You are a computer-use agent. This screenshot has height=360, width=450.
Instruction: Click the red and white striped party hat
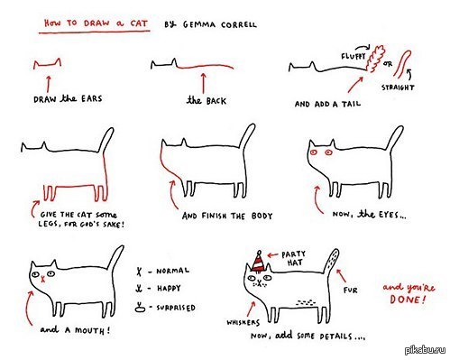[259, 263]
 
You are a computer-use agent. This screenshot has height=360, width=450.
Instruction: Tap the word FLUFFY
[354, 56]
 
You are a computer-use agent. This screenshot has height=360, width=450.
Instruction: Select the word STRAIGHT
[398, 88]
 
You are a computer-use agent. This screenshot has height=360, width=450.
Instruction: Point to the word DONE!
[408, 300]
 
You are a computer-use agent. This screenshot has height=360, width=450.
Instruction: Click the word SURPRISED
[176, 308]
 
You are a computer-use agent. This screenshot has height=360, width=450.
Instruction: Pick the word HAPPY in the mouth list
[169, 288]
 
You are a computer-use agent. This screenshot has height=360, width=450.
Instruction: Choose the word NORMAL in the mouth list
[172, 271]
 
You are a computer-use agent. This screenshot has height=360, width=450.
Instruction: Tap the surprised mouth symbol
[140, 307]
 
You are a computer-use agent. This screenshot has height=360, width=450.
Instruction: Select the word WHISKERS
[243, 323]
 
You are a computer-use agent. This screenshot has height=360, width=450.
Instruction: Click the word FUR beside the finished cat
[351, 291]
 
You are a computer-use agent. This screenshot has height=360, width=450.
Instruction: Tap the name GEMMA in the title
[199, 24]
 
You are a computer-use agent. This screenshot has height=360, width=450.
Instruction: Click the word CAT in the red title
[139, 23]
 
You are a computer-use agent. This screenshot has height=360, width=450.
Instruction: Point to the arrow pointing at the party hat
[273, 255]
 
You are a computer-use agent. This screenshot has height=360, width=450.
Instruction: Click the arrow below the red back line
[203, 83]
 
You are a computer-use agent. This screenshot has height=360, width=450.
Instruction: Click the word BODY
[262, 216]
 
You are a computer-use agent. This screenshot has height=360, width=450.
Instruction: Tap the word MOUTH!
[93, 330]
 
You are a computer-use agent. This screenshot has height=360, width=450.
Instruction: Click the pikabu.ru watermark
[426, 350]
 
